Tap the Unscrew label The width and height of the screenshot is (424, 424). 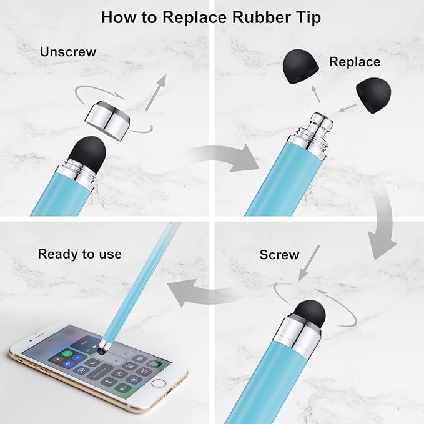(68, 52)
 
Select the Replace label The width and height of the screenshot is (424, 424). (355, 62)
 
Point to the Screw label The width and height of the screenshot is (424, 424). (279, 255)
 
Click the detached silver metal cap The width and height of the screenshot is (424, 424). (107, 121)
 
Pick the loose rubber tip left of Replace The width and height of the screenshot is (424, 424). (300, 66)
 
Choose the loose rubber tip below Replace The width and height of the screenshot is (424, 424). (374, 95)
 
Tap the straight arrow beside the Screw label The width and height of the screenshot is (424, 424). (308, 263)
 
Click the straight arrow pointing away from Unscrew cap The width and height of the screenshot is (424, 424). (156, 92)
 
